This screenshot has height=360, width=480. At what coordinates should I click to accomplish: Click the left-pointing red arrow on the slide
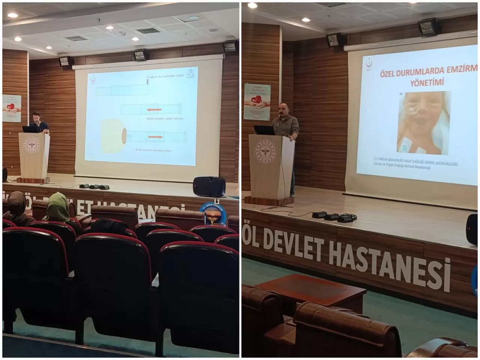coord(154,110)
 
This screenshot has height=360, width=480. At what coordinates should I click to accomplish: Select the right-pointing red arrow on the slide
coord(155,137)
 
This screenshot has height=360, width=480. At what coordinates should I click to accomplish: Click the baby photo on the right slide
coord(424,123)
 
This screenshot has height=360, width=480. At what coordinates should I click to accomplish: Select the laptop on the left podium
coord(30,129)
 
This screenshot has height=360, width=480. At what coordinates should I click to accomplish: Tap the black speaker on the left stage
coord(209,186)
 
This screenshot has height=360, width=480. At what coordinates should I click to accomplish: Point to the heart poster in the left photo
coord(12,108)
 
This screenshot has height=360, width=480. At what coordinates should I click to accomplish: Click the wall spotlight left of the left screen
coord(64,61)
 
